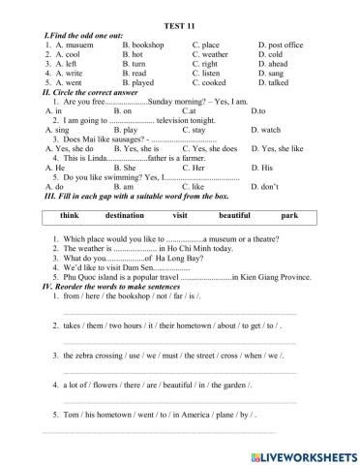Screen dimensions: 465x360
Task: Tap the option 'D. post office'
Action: tap(281, 45)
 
